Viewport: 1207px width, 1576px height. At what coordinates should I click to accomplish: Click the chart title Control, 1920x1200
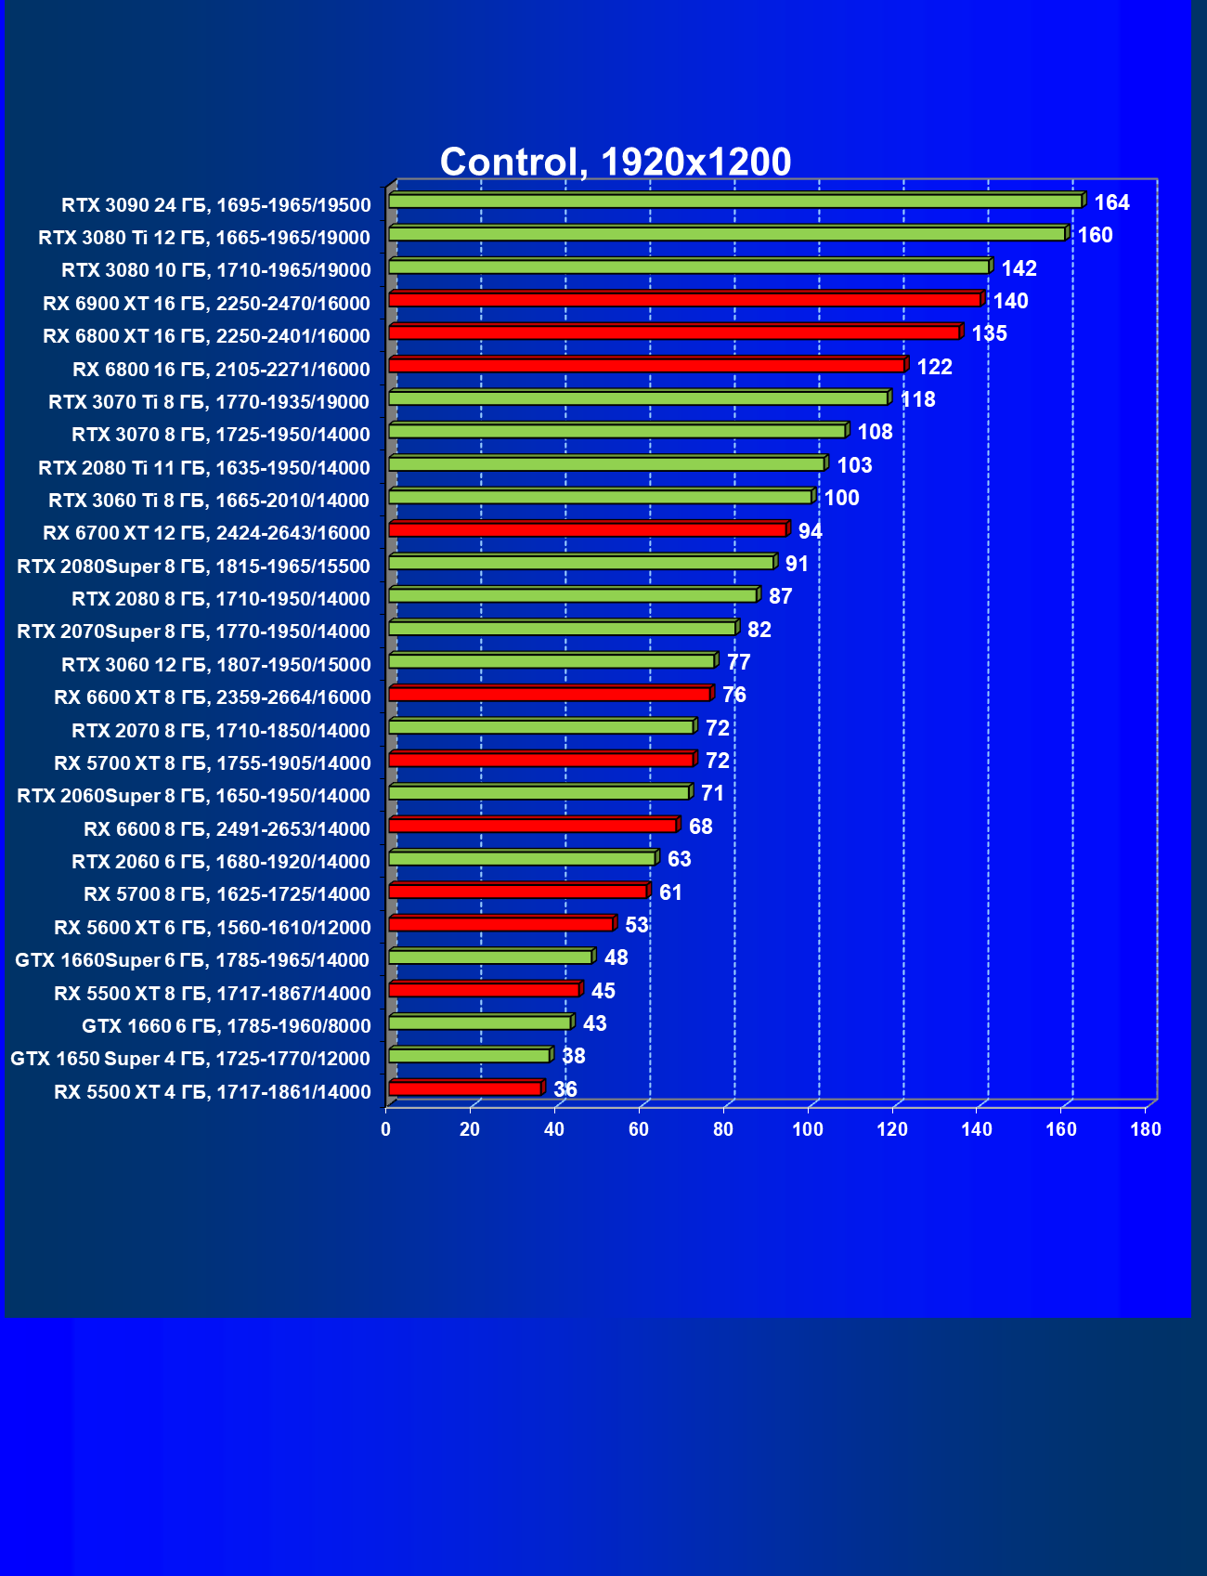(x=615, y=162)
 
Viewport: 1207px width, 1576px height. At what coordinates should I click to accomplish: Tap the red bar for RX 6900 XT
(x=685, y=300)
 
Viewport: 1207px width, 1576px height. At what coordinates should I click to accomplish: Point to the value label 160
(x=1095, y=235)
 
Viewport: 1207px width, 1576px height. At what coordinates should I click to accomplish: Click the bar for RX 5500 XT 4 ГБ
(x=465, y=1088)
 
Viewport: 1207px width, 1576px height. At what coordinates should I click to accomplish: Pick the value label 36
(x=565, y=1088)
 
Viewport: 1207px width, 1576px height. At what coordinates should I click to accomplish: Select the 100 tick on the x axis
(x=808, y=1129)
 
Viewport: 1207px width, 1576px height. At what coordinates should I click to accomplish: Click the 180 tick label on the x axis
(x=1146, y=1129)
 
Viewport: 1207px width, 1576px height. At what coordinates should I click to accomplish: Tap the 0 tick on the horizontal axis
(x=386, y=1129)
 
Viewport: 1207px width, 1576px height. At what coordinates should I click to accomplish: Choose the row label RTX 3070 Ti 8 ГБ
(x=209, y=401)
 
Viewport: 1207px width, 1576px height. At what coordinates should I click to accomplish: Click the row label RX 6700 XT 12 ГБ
(x=206, y=533)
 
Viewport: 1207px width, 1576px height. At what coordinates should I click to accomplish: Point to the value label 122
(x=934, y=367)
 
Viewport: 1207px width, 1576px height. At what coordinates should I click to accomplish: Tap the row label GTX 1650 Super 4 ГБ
(x=190, y=1059)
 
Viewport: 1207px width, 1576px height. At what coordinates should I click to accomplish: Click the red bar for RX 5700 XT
(x=541, y=760)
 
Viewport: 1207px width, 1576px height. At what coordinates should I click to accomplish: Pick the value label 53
(x=637, y=925)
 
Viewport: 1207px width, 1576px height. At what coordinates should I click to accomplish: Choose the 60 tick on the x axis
(x=639, y=1129)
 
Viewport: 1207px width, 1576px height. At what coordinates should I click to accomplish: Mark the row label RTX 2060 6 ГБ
(x=221, y=862)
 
